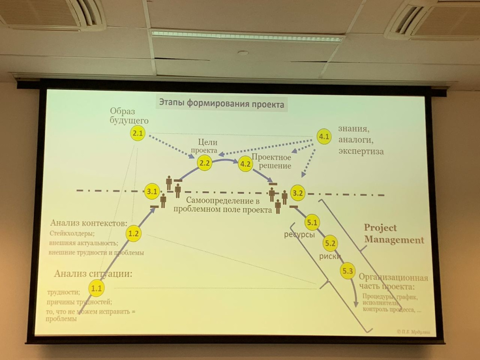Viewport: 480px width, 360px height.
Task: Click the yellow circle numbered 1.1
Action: tap(97, 288)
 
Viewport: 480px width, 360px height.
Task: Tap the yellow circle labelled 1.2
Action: tap(134, 233)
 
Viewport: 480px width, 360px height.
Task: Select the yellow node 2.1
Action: tap(137, 134)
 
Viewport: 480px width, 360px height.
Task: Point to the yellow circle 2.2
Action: tap(205, 163)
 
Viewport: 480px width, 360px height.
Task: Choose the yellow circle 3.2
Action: tap(298, 192)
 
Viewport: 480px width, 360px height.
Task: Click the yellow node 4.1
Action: tap(324, 136)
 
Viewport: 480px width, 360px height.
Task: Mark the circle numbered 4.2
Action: tap(246, 164)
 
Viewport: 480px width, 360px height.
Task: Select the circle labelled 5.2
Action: tap(330, 243)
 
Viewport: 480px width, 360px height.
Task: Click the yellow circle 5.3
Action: tap(347, 271)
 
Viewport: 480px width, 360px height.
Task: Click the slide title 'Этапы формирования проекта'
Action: tap(221, 104)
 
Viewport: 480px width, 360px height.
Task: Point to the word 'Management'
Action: tap(394, 240)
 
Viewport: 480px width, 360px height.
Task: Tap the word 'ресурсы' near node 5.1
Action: tap(299, 235)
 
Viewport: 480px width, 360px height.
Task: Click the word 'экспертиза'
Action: tap(360, 151)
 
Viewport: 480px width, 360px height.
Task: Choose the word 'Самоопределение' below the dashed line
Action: tap(217, 201)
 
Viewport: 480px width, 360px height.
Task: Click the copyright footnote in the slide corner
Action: tap(412, 331)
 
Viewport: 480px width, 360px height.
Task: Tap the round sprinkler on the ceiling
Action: tap(243, 53)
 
